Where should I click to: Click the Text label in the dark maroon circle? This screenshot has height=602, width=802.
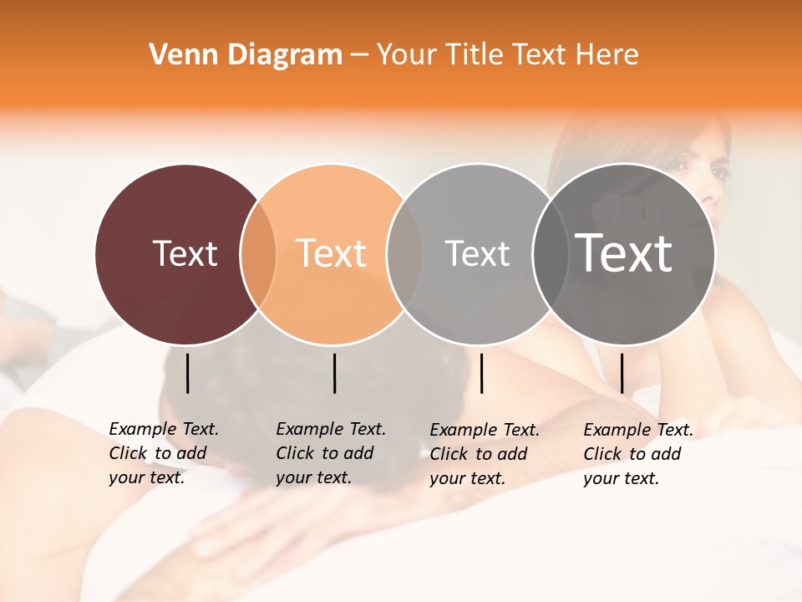click(x=185, y=253)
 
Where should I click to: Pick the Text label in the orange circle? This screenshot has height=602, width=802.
click(x=331, y=253)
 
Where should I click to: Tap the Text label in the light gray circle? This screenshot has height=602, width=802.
click(x=477, y=253)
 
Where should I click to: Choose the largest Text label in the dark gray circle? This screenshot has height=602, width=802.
click(x=624, y=253)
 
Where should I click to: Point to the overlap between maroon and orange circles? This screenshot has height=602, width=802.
click(x=258, y=254)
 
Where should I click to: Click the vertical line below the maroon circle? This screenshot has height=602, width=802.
click(x=187, y=373)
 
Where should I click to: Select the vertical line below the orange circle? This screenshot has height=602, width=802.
click(x=334, y=373)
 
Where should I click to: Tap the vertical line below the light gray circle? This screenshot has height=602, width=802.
click(x=481, y=373)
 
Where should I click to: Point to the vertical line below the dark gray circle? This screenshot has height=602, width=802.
click(x=622, y=373)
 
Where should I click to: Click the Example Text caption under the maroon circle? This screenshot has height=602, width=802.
click(x=163, y=453)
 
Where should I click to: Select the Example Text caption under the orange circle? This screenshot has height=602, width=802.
click(x=330, y=453)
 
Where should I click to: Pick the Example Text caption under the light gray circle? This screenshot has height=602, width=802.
click(x=484, y=454)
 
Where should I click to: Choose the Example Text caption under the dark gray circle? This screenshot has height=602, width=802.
click(x=637, y=454)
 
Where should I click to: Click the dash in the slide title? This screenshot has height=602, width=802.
click(x=359, y=55)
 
